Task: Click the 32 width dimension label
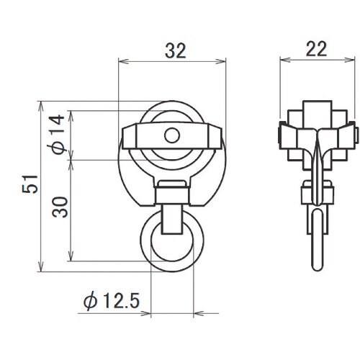coord(176,51)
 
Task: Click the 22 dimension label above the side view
coord(316,49)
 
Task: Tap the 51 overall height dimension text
coord(30,184)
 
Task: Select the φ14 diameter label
coord(58,135)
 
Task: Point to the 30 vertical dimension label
coord(60,207)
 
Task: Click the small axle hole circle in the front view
coord(172,135)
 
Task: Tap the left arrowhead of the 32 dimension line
coord(124,61)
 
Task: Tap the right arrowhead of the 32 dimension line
coord(221,61)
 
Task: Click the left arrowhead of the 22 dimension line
coord(285,60)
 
